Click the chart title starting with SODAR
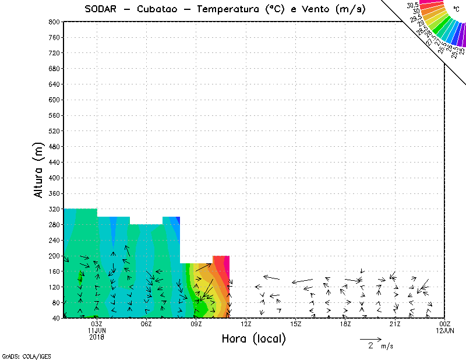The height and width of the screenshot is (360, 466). coord(225,9)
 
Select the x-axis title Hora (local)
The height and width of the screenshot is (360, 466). coord(253,338)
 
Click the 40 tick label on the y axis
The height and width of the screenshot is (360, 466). coord(56,318)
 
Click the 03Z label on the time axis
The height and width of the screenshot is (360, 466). coord(97,324)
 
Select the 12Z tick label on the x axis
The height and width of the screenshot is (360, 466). coord(246,324)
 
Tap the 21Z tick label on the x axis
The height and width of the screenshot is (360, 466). coord(396,324)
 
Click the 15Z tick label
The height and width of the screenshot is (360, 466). coord(295,324)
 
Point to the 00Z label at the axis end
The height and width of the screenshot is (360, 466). coord(445,324)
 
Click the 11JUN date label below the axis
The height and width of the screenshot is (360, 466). coord(97,330)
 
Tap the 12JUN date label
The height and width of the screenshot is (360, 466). coord(445,330)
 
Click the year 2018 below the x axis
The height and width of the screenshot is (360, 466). coord(97,337)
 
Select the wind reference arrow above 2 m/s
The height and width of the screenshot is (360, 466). coord(370,338)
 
